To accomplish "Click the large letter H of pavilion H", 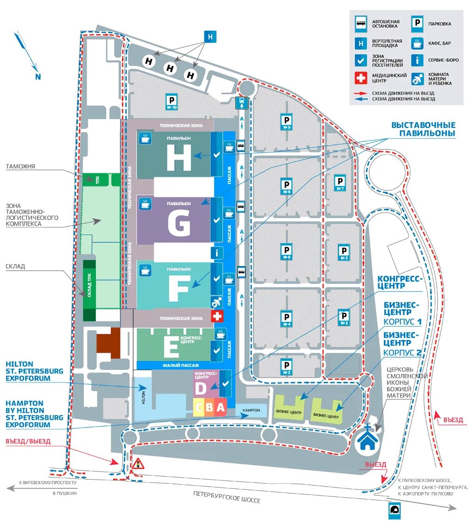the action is point(179,159).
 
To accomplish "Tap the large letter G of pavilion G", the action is point(179,224).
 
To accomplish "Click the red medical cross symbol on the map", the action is point(217,316).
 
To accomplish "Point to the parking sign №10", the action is point(172,101).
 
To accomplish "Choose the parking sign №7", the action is point(340,183).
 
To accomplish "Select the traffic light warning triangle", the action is point(137,463).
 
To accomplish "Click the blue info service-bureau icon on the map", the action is point(217,253).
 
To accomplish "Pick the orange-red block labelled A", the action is point(221,408).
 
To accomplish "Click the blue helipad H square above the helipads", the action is point(211,37).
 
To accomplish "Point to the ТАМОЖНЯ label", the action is point(21,166).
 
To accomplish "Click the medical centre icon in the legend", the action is point(361,78).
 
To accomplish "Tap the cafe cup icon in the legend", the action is point(417,43).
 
